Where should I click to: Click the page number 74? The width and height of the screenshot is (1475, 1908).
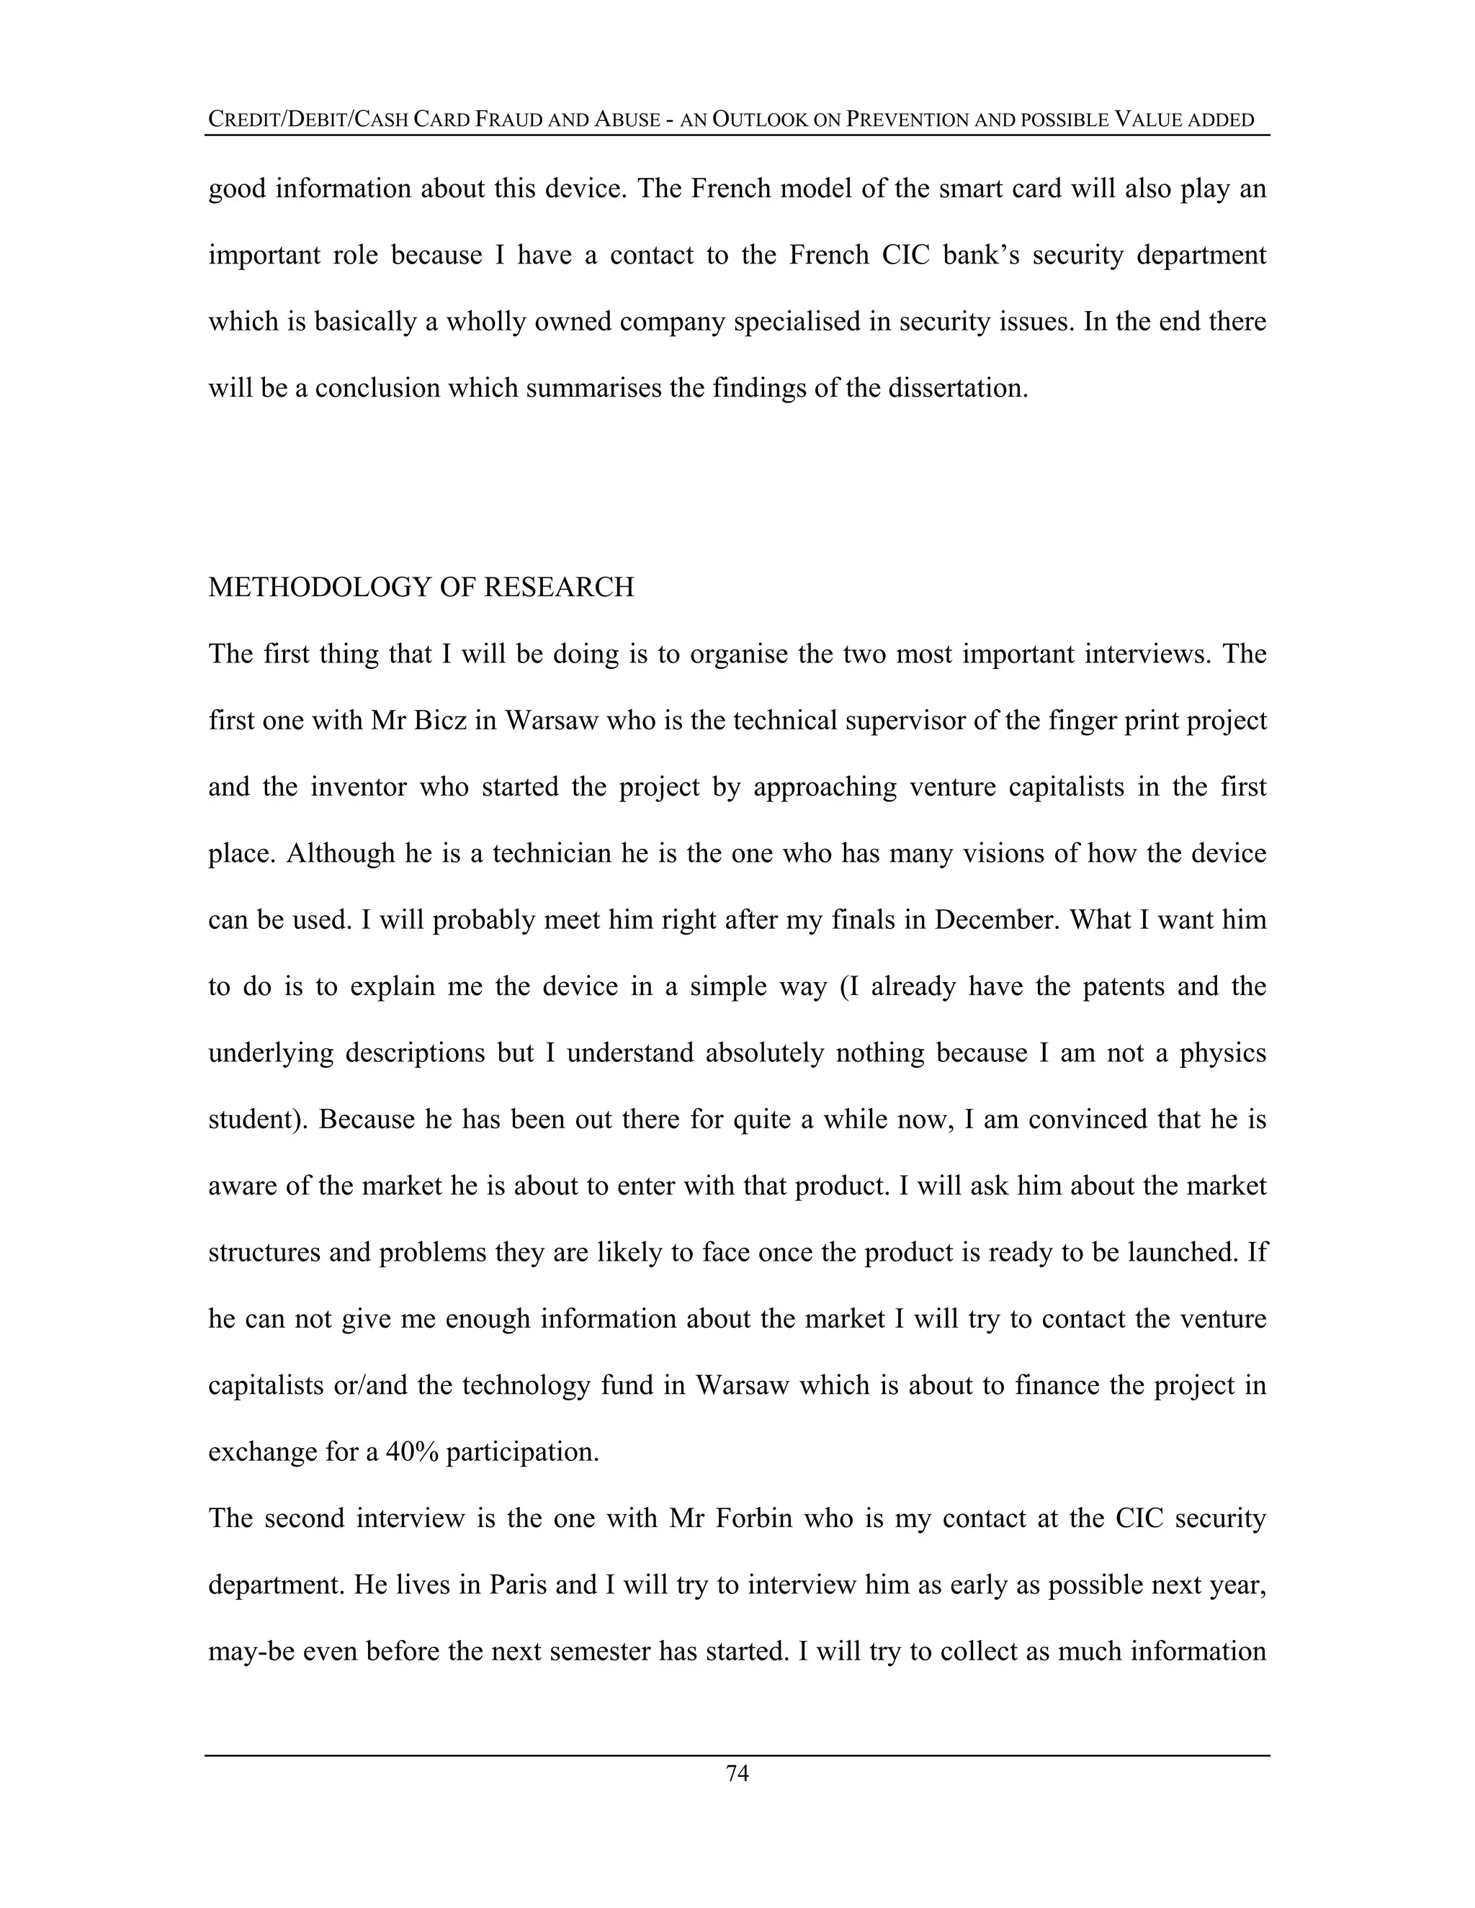pyautogui.click(x=737, y=1773)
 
